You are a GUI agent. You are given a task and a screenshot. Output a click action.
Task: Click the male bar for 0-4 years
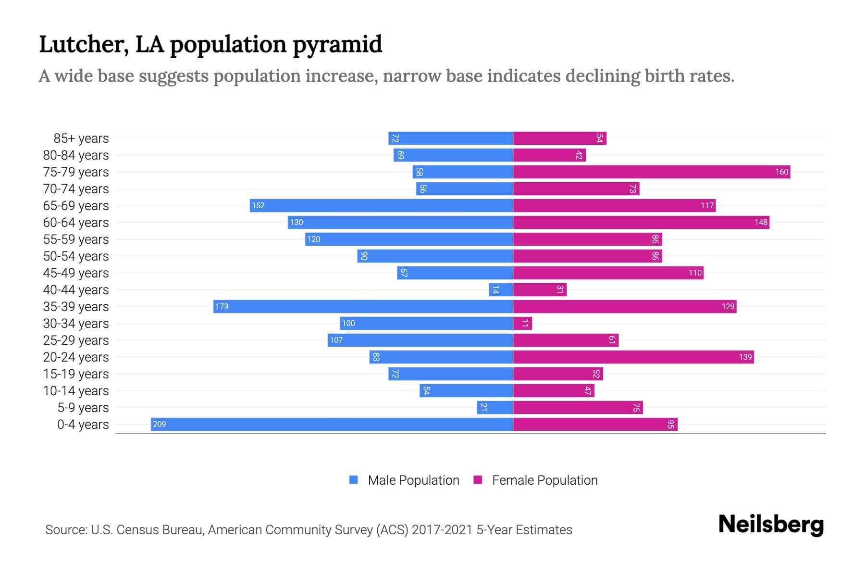[x=332, y=424]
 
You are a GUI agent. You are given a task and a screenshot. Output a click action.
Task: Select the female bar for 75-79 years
[x=651, y=172]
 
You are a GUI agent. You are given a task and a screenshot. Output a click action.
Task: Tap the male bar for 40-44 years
[x=501, y=289]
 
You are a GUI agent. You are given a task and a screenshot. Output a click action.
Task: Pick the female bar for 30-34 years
[x=522, y=323]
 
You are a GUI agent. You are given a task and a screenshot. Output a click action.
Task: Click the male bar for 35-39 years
[x=363, y=306]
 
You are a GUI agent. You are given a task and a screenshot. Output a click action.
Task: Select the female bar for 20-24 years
[x=633, y=357]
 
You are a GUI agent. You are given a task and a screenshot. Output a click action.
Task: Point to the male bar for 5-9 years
[x=494, y=407]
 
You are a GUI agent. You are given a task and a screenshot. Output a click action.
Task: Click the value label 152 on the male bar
[x=258, y=205]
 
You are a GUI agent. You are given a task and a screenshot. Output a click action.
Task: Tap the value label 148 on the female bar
[x=761, y=222]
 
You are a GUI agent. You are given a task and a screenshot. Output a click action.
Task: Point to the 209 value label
[x=159, y=424]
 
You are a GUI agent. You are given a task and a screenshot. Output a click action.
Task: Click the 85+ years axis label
[x=81, y=138]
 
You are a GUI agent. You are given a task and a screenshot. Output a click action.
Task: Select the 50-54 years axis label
[x=76, y=256]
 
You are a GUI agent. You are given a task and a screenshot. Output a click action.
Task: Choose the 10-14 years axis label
[x=76, y=391]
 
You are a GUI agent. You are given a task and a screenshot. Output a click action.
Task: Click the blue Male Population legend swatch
[x=354, y=480]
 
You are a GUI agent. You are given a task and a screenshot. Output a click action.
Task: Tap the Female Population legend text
[x=544, y=480]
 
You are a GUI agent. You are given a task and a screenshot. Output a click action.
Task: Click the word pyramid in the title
[x=337, y=45]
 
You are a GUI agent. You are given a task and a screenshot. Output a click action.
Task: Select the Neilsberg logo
[x=771, y=525]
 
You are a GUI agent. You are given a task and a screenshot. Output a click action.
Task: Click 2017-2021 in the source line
[x=442, y=530]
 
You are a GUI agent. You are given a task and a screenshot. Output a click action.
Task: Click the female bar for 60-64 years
[x=641, y=222]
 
